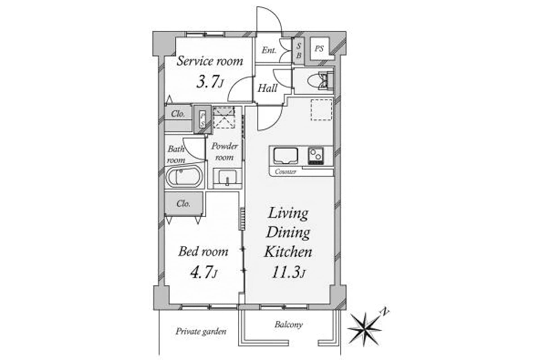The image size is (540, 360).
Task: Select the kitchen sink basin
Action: (286, 156)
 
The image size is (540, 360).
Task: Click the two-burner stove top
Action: (316, 156)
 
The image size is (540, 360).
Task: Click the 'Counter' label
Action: (285, 172)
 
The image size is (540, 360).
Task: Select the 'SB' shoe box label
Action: (298, 51)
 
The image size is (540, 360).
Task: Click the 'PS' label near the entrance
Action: (319, 49)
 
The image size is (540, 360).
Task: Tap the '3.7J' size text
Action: (210, 82)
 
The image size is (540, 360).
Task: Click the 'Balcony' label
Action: (289, 325)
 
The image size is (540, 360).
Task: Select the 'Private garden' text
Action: (201, 331)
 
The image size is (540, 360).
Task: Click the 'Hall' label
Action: (267, 88)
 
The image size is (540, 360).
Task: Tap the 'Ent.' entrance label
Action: (269, 50)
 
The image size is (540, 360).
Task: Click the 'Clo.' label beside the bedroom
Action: (183, 203)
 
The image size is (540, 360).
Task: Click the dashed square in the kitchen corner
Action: (321, 110)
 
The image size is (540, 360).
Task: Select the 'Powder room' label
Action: (224, 151)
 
